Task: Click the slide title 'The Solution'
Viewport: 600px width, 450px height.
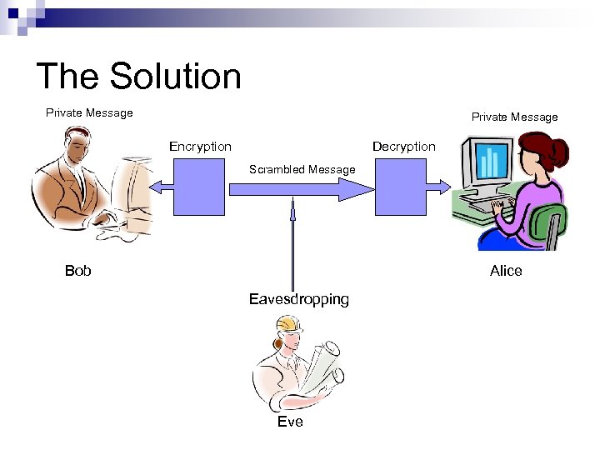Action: [138, 77]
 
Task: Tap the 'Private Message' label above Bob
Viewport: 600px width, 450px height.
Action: [89, 112]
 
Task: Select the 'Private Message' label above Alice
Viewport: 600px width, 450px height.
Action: [514, 117]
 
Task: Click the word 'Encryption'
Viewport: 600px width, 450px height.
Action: [200, 147]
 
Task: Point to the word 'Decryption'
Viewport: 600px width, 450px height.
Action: [403, 147]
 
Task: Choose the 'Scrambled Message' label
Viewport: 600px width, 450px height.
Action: [302, 170]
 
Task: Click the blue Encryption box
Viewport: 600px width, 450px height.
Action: [198, 188]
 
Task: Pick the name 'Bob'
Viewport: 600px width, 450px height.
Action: [78, 271]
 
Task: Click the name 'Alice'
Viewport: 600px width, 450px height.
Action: [506, 271]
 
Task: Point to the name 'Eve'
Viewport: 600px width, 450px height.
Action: [290, 422]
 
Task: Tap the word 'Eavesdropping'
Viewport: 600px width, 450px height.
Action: [299, 299]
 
